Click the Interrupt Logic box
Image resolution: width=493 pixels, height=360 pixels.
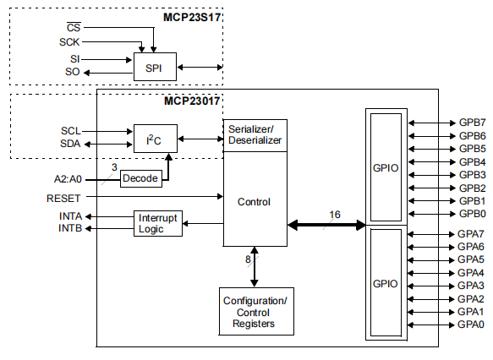[158, 223]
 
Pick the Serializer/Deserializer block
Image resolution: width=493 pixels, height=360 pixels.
[255, 134]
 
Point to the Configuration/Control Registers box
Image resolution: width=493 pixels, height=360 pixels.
[255, 312]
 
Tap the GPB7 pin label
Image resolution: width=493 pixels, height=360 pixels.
[471, 123]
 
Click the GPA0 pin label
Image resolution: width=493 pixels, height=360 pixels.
[471, 325]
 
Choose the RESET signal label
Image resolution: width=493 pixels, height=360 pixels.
[63, 198]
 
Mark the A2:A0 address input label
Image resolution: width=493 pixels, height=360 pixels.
[65, 179]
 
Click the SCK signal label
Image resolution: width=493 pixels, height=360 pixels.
[69, 41]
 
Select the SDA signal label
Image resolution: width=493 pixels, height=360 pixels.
[71, 144]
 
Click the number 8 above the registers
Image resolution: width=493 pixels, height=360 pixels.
[248, 259]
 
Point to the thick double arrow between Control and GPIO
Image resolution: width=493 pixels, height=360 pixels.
[326, 226]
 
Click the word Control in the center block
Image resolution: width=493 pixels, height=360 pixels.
[255, 202]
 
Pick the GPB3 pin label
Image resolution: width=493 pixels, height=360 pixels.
[471, 174]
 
